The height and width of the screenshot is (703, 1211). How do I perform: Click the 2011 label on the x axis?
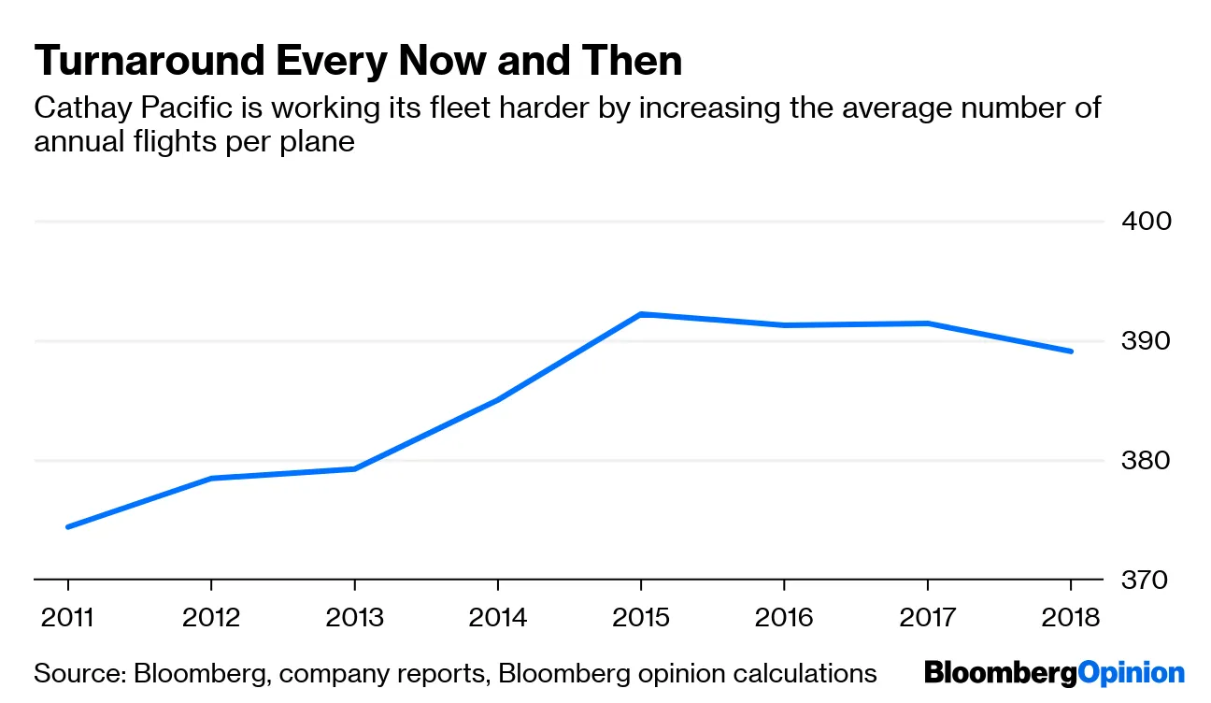coord(68,618)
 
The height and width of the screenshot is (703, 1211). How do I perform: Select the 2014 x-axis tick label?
coord(498,618)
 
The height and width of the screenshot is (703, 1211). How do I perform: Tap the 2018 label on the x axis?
coord(1071,618)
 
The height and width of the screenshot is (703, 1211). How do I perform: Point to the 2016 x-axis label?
coord(784,618)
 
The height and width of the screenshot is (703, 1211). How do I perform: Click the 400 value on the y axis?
coord(1146,222)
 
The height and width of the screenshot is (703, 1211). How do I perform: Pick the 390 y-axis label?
coord(1146,341)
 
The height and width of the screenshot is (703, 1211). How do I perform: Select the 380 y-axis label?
coord(1146,461)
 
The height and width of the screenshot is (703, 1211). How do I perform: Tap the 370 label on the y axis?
coord(1146,581)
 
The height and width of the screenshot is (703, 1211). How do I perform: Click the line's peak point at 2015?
coord(641,314)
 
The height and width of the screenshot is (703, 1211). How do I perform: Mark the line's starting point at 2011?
coord(68,527)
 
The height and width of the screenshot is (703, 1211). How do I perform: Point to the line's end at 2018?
coord(1071,351)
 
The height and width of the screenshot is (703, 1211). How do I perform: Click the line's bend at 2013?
coord(355,468)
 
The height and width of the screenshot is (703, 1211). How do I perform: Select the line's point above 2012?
coord(211,479)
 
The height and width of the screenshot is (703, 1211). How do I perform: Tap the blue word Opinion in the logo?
coord(1131,673)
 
